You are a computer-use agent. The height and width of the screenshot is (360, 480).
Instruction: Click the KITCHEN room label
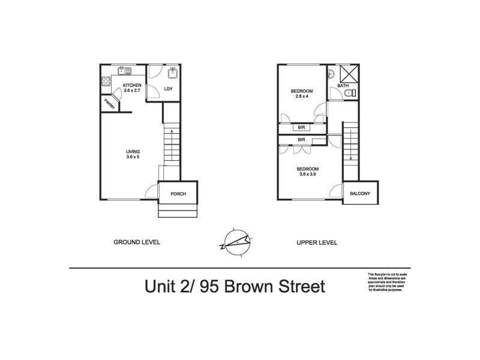point(132,85)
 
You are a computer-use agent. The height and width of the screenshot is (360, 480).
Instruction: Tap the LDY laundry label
point(169,89)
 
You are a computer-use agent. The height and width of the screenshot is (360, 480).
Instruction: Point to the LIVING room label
point(133,151)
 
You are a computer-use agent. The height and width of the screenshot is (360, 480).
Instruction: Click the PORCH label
point(178,194)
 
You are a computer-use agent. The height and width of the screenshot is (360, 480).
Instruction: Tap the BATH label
point(343,86)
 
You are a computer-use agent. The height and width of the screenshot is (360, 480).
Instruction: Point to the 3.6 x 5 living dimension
point(133,157)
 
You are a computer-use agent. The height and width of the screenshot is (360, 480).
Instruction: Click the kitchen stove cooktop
point(106,80)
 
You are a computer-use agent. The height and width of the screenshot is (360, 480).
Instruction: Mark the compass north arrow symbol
point(235,241)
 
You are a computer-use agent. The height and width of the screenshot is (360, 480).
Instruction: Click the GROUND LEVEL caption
point(137,242)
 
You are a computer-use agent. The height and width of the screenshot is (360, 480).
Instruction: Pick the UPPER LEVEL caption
point(317,242)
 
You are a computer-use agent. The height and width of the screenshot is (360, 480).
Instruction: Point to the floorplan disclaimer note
point(386,283)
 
